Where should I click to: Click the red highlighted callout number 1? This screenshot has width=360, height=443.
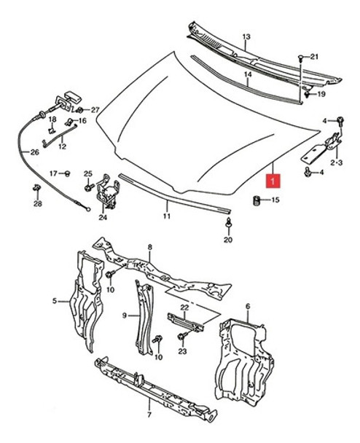coord(273,177)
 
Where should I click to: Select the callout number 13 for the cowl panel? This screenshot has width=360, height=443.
coord(246,36)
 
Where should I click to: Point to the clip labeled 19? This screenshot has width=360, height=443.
coord(308,93)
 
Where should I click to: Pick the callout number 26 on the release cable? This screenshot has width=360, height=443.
coord(34,152)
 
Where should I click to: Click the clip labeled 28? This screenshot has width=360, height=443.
coord(36,190)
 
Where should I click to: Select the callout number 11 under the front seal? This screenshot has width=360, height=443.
coord(166,216)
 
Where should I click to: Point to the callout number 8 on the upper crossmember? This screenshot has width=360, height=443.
coord(149,248)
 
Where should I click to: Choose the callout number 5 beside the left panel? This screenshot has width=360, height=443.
coord(54,299)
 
